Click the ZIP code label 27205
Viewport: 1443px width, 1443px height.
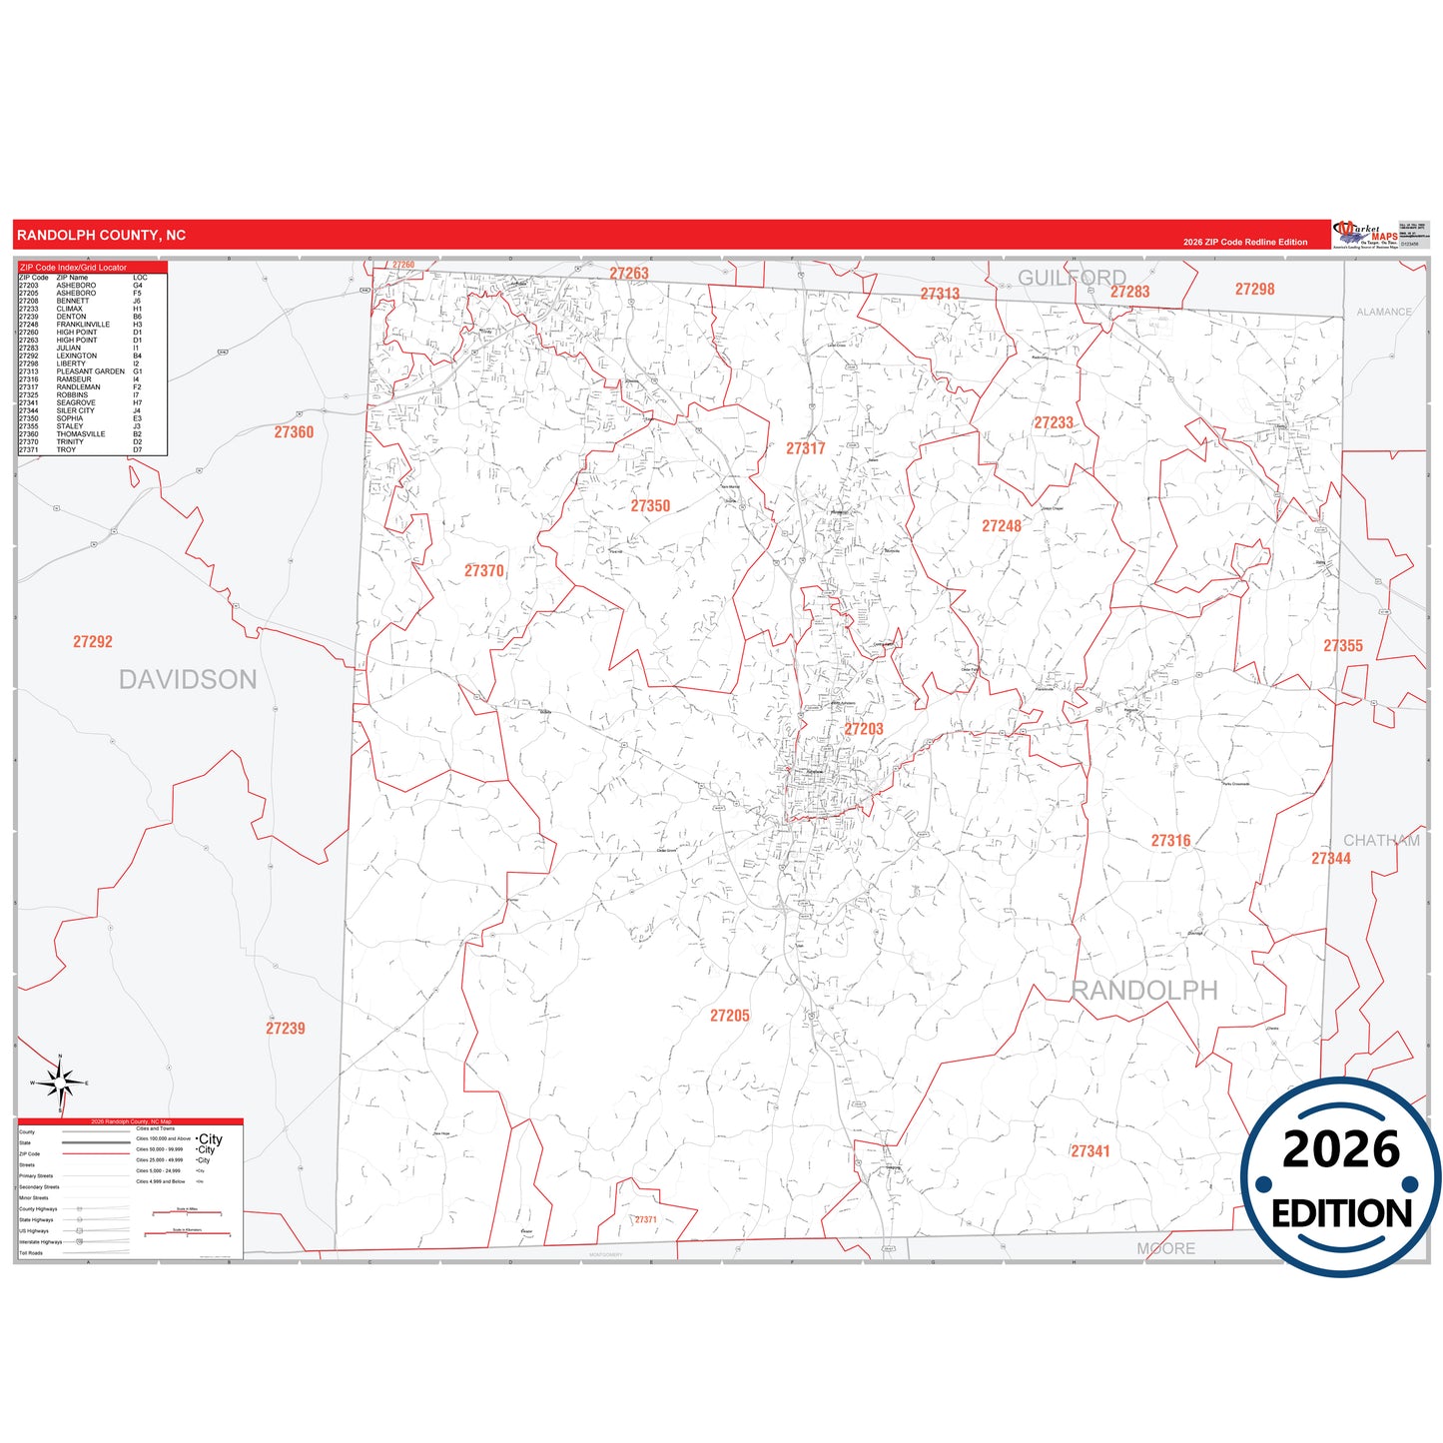point(729,1016)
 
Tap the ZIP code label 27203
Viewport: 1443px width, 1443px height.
point(864,729)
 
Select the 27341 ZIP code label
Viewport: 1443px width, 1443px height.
point(1090,1151)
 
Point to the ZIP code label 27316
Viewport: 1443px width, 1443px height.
point(1170,841)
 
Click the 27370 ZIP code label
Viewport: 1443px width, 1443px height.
point(484,571)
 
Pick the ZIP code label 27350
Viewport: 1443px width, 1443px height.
point(650,506)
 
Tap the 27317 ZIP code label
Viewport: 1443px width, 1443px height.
point(805,448)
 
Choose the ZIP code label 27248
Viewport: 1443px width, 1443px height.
point(1001,526)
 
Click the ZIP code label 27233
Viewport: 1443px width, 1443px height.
point(1054,423)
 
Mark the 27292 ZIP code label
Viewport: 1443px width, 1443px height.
point(93,642)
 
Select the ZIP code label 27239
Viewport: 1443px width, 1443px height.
point(286,1029)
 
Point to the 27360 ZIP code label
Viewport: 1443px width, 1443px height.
point(294,432)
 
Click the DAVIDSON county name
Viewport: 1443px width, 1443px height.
point(188,680)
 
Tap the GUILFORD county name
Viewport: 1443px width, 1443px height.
point(1072,278)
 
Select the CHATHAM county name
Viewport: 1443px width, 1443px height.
point(1381,841)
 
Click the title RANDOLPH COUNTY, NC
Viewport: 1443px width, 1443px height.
point(101,236)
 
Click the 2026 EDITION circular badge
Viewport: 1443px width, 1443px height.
point(1340,1178)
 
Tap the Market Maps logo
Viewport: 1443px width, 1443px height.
point(1366,235)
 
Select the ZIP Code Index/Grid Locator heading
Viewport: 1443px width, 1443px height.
point(74,268)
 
